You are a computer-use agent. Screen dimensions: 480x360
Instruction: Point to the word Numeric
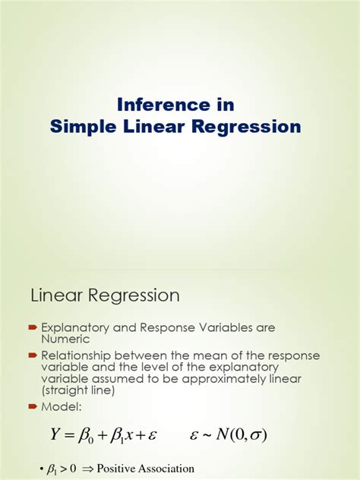point(66,339)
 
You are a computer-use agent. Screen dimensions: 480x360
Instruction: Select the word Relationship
point(78,355)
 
